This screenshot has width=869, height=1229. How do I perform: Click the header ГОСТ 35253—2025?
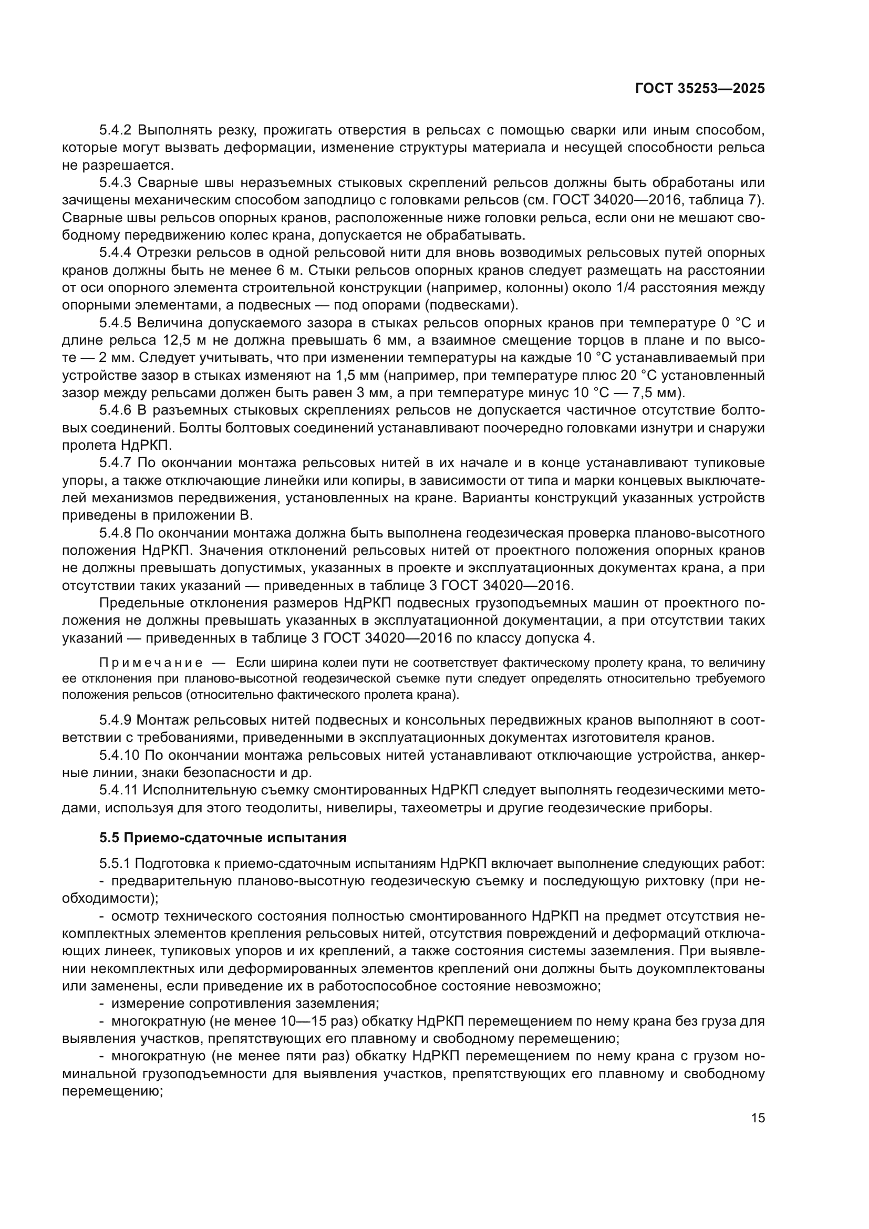699,88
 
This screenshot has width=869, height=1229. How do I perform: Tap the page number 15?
758,1118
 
